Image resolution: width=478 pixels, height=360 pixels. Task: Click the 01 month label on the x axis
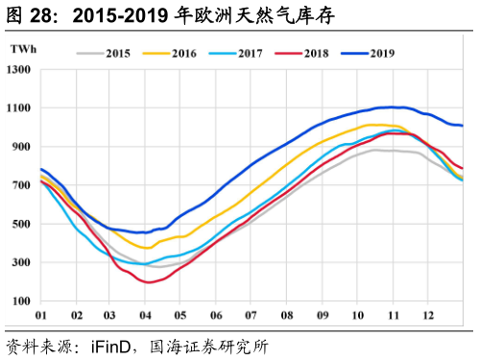point(41,315)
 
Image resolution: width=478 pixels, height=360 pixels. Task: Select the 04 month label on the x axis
point(146,315)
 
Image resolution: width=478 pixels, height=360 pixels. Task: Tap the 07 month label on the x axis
point(251,315)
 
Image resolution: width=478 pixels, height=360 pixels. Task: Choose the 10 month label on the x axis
point(357,315)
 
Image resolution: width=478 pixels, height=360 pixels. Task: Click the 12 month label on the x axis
point(427,315)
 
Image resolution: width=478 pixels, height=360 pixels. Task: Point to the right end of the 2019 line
point(464,126)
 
